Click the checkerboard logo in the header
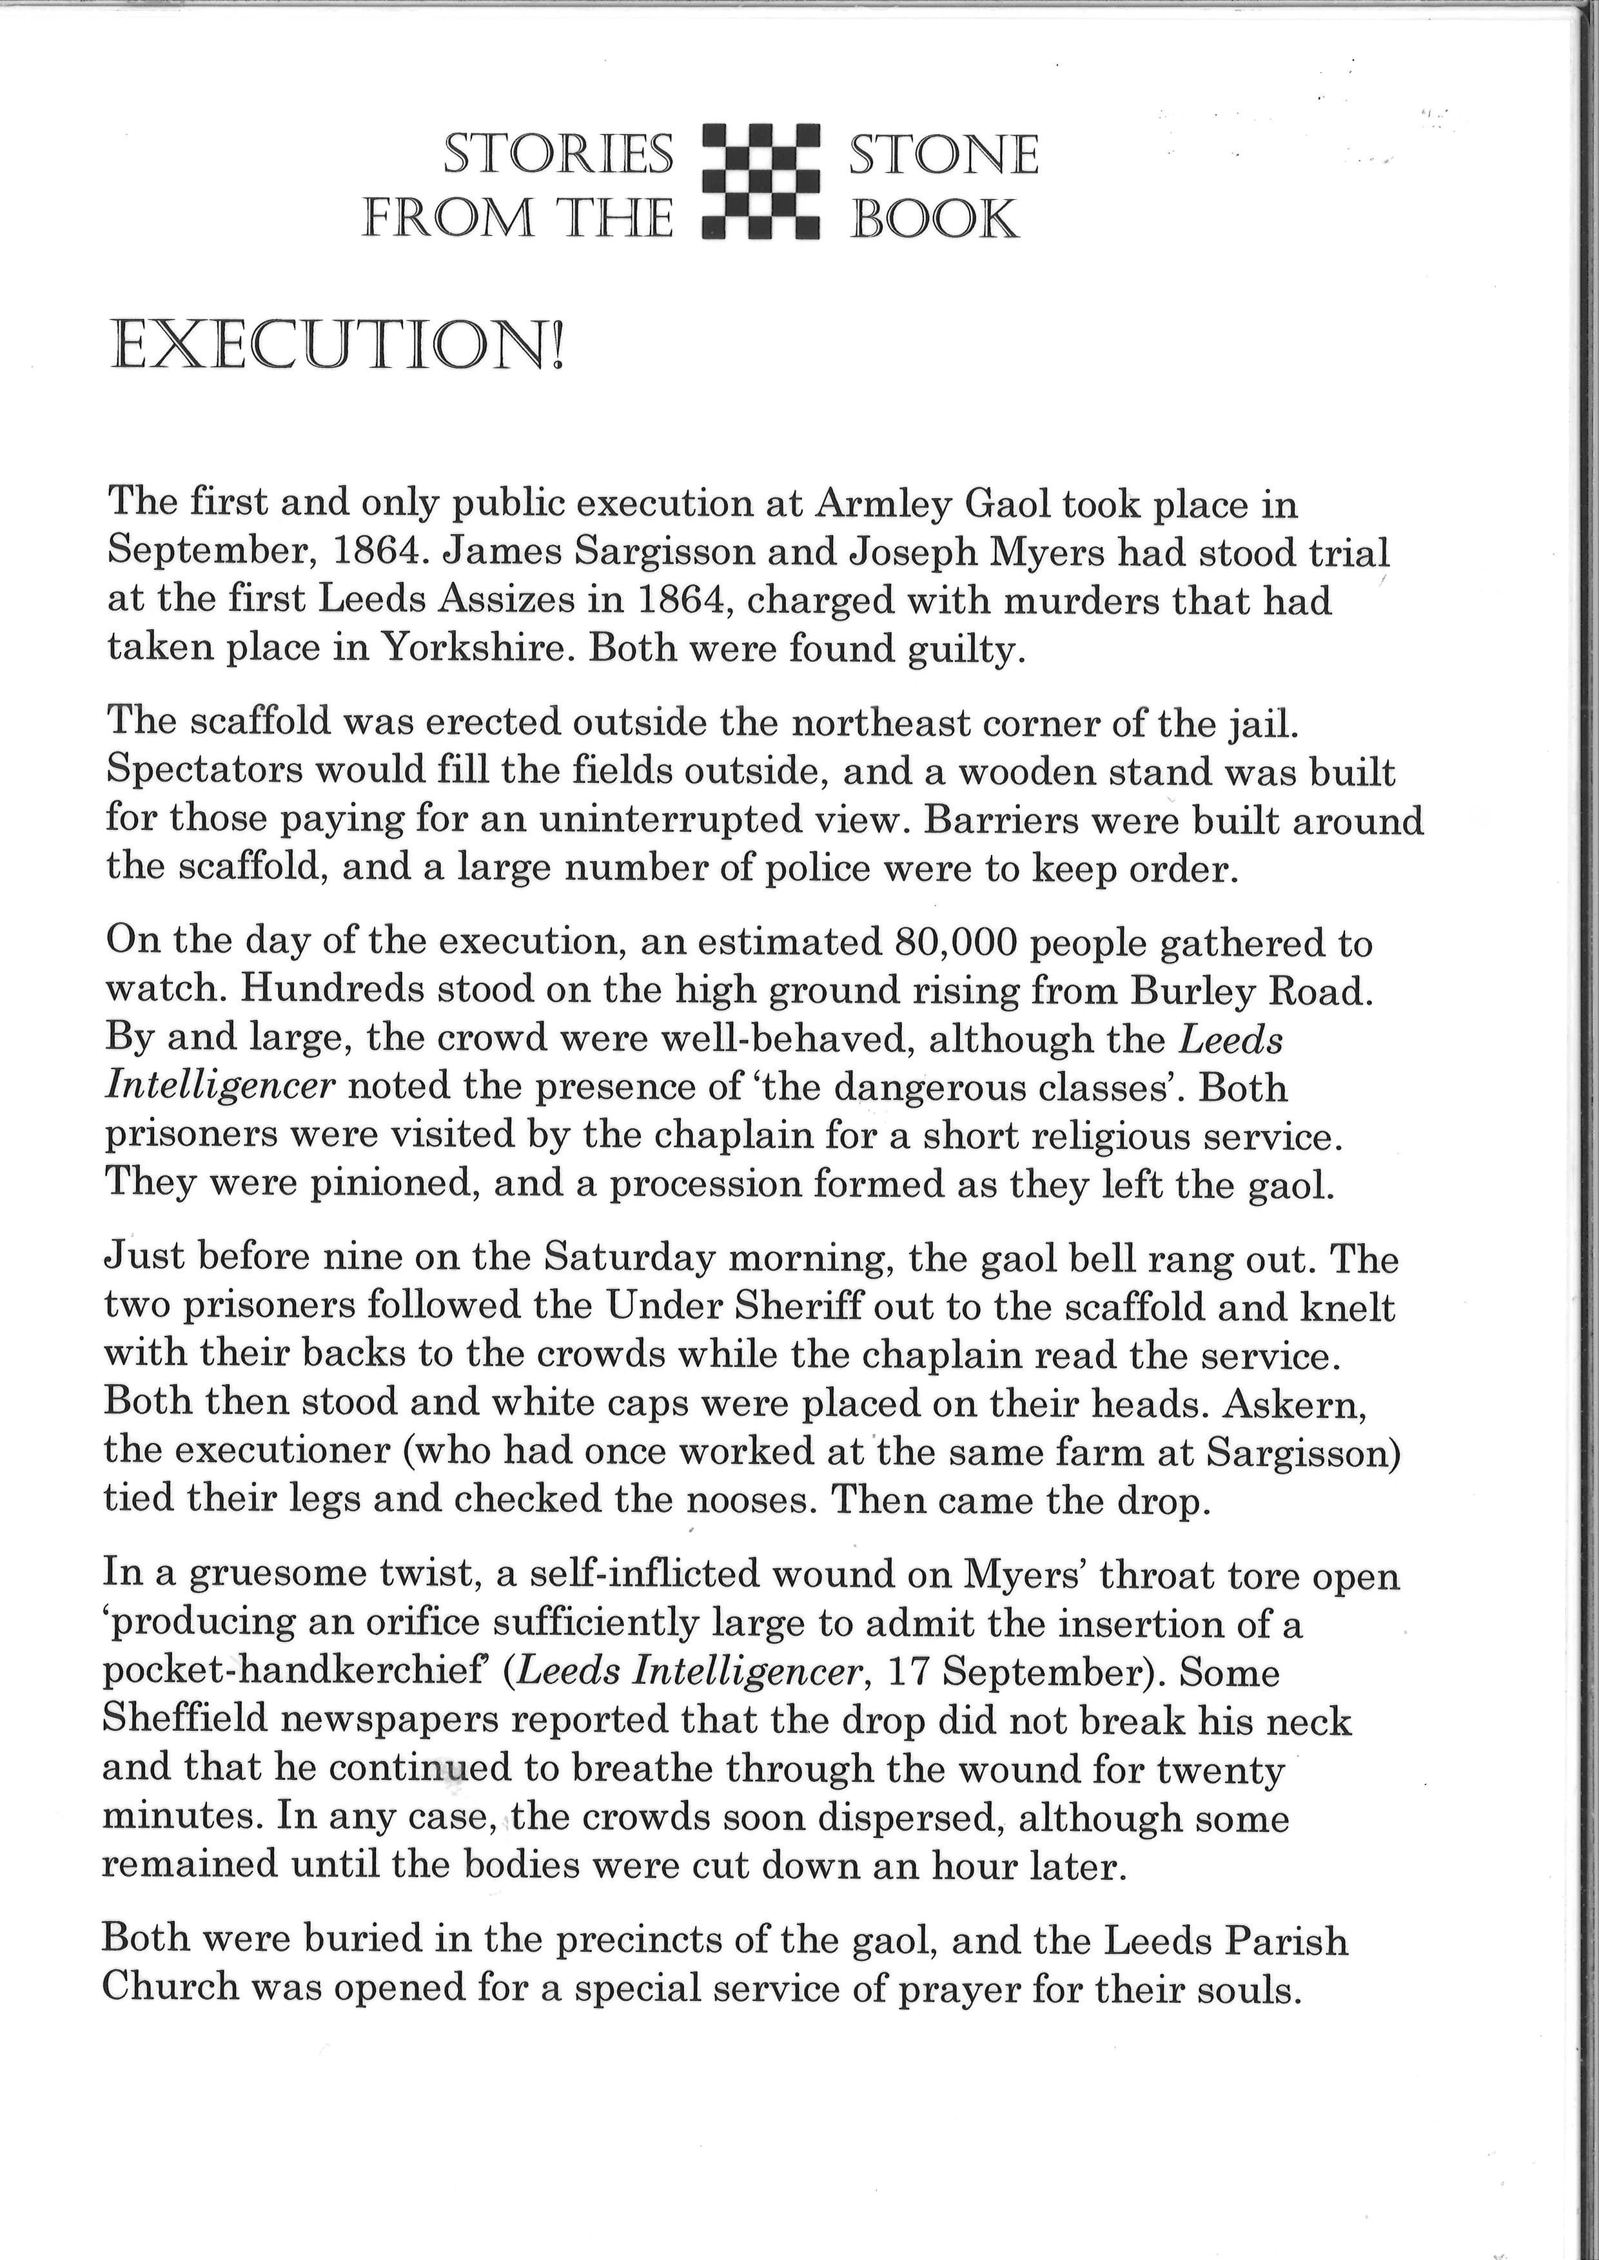coord(761,182)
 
